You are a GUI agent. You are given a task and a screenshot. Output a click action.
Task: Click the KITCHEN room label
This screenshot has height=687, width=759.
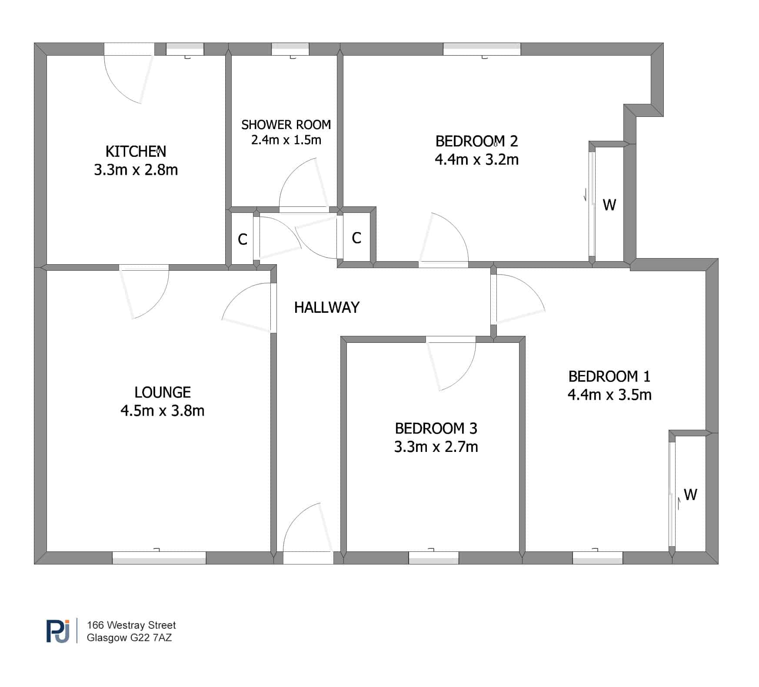click(136, 151)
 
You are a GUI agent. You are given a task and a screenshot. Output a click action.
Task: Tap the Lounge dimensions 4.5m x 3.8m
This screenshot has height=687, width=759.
click(162, 411)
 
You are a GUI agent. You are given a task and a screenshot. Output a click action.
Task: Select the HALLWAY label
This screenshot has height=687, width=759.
click(327, 308)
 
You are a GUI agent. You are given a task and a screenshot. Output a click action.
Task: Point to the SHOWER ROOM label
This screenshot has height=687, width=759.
click(286, 125)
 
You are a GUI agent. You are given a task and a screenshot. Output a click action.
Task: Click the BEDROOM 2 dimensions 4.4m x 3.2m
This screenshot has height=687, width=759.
click(476, 159)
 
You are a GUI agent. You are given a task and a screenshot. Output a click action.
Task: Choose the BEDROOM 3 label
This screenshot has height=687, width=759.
click(436, 428)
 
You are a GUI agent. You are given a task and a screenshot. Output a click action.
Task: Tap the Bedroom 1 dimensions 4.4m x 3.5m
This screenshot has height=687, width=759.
click(609, 395)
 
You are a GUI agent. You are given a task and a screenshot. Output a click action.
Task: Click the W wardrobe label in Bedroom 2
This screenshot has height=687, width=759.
click(609, 205)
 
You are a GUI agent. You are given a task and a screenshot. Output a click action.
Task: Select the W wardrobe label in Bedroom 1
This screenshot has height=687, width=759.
click(690, 495)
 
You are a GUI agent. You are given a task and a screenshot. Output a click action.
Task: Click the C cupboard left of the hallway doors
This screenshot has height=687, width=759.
click(243, 239)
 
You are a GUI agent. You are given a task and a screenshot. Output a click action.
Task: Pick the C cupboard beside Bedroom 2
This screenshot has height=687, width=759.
click(356, 238)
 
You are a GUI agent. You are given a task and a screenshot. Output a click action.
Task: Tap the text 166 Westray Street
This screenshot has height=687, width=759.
click(131, 625)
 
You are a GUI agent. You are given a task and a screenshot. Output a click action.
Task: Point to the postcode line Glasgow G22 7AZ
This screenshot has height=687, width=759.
click(129, 638)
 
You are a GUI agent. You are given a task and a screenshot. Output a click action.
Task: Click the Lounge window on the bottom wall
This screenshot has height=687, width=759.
click(159, 558)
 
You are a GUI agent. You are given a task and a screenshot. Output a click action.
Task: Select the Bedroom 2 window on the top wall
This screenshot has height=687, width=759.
click(482, 49)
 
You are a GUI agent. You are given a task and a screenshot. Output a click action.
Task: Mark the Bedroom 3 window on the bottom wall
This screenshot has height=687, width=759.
click(434, 558)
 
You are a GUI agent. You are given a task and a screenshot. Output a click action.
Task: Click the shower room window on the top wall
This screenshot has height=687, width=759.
click(290, 49)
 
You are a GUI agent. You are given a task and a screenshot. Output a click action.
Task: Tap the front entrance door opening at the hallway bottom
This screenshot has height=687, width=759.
click(308, 558)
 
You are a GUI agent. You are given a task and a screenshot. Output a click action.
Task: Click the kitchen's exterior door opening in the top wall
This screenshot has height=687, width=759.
click(129, 49)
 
